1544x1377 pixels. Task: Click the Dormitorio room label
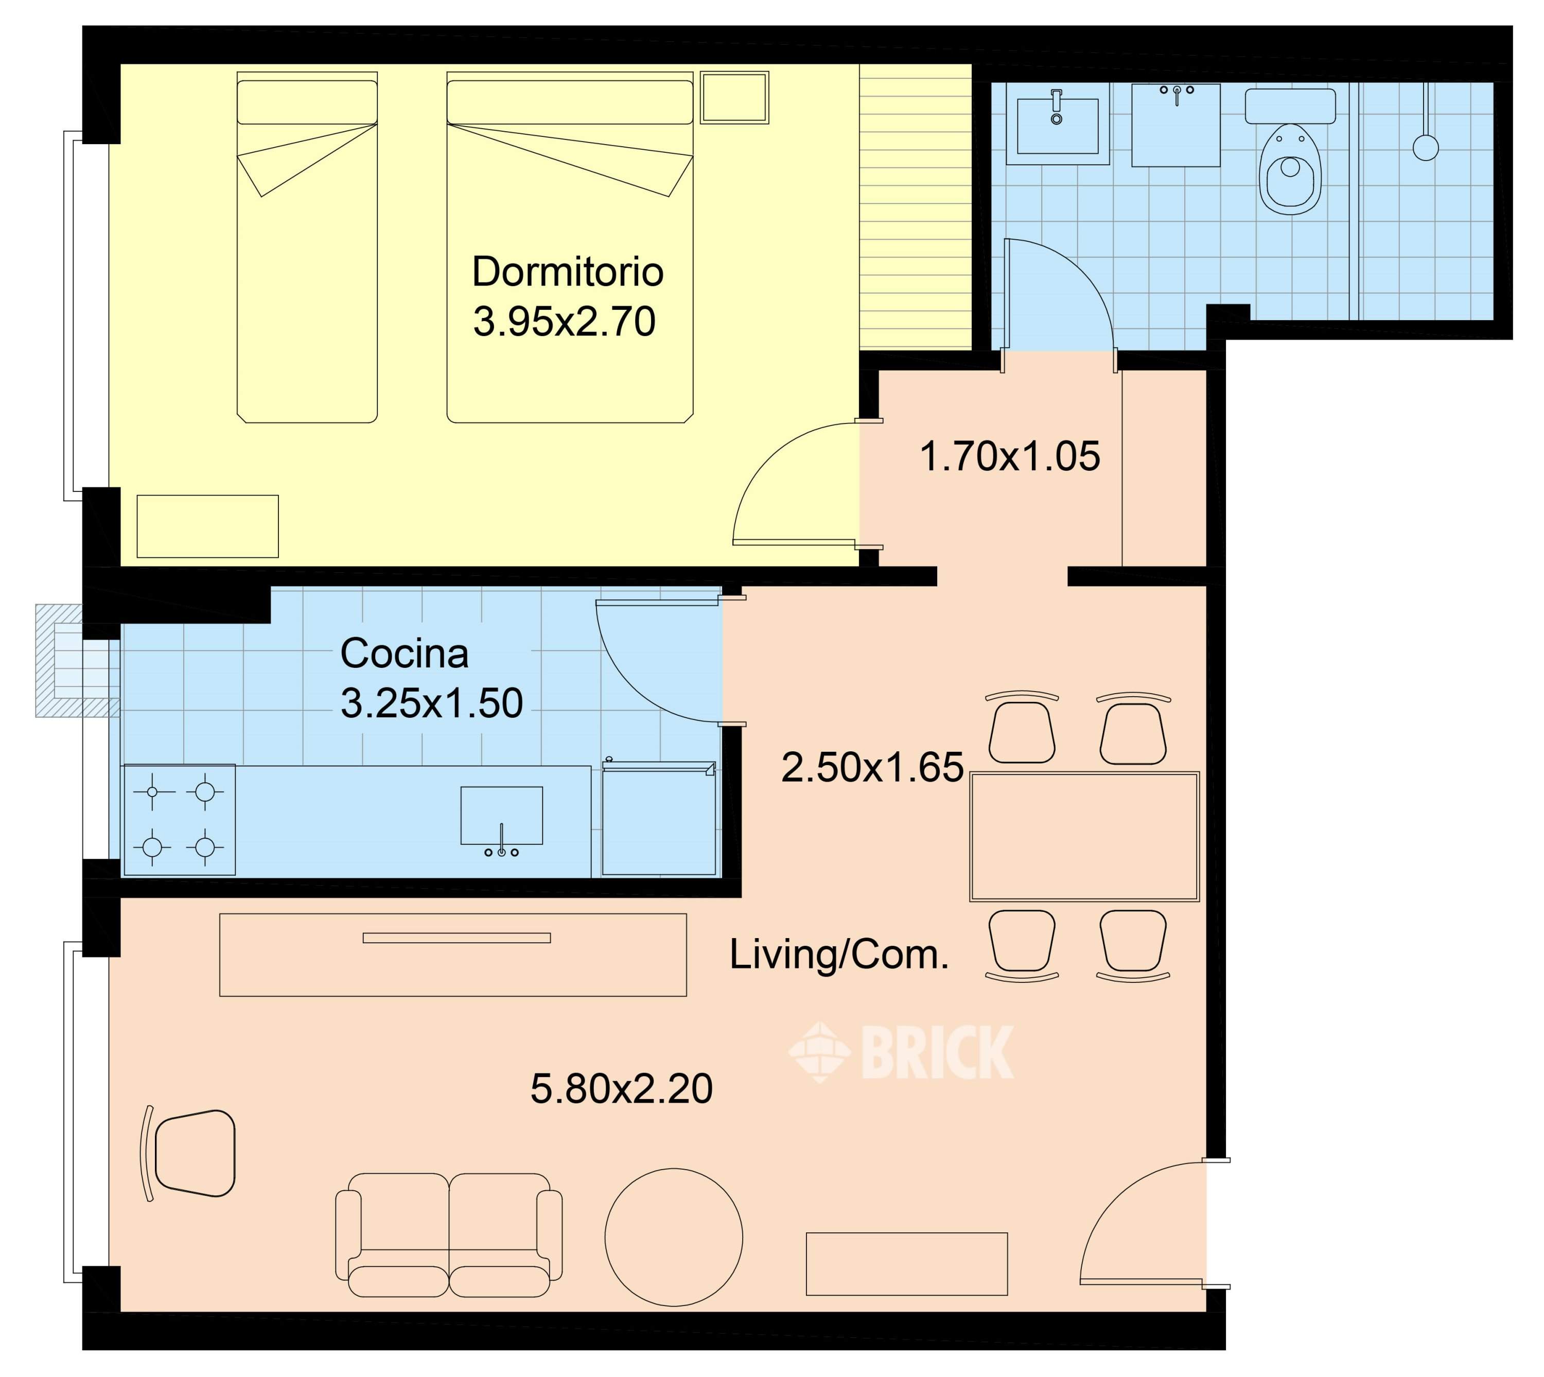point(568,272)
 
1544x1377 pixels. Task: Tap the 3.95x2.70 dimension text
point(565,322)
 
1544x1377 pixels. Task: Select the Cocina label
point(404,653)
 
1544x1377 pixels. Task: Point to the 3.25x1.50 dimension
point(431,703)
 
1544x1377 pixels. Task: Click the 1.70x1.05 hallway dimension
point(1010,457)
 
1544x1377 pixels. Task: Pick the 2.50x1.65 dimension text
point(872,767)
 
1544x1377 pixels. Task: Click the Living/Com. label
point(838,956)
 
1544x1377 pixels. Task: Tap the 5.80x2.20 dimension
point(621,1089)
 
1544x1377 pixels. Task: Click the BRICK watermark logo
point(901,1052)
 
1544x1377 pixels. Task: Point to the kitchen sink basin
point(502,816)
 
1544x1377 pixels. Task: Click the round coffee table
point(674,1238)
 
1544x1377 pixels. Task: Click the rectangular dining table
point(1084,837)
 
